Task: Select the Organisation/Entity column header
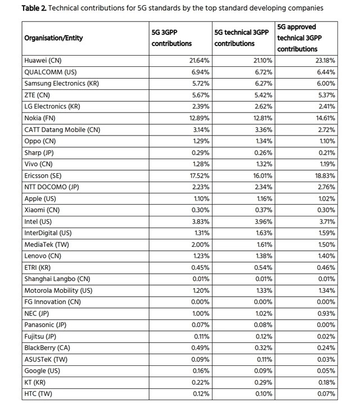[x=53, y=38]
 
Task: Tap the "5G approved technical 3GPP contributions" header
[x=305, y=38]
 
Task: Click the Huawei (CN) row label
[x=43, y=60]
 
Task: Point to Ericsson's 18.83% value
[x=326, y=175]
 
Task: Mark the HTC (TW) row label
[x=38, y=394]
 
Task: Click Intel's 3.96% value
[x=263, y=221]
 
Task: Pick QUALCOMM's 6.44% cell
[x=326, y=72]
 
